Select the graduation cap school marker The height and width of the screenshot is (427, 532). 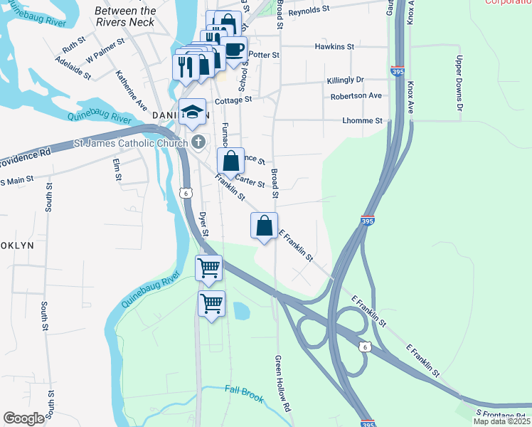[192, 112]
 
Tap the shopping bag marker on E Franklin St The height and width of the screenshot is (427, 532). [265, 226]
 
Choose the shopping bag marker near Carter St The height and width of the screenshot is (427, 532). [231, 162]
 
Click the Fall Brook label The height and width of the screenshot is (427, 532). [244, 391]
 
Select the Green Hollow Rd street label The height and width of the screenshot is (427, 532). [282, 384]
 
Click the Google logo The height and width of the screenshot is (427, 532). [24, 418]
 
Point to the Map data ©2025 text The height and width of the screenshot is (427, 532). [501, 421]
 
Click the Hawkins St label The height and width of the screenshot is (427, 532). [334, 46]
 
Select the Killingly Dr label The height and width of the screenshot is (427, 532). [345, 80]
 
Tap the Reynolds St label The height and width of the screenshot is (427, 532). [311, 12]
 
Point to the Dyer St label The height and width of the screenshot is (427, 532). [204, 223]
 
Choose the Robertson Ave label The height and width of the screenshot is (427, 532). [356, 95]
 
